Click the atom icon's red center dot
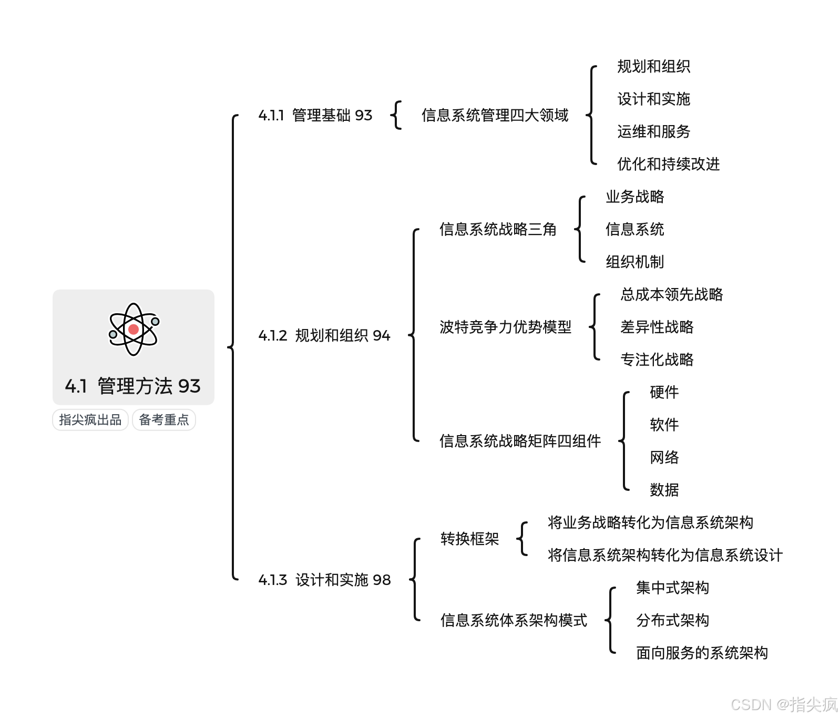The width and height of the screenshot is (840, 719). [134, 330]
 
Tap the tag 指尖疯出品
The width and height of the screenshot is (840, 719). [90, 420]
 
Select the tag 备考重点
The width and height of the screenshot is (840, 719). [164, 420]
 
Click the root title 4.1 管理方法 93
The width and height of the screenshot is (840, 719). [133, 386]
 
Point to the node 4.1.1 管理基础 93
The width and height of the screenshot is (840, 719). [315, 115]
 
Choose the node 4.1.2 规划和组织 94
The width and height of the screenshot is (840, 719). [324, 335]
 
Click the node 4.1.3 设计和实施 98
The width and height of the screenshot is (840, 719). [325, 580]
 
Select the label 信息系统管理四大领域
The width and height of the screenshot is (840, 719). [495, 115]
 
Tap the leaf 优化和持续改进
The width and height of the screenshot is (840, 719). [668, 164]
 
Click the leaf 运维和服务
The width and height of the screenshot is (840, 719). [653, 131]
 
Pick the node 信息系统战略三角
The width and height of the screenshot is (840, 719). [498, 229]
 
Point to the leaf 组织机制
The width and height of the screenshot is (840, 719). [634, 262]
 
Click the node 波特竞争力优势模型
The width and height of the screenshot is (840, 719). [505, 327]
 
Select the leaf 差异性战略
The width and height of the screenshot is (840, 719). [657, 327]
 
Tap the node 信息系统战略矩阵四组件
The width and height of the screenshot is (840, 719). [520, 441]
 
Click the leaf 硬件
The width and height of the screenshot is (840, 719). [664, 392]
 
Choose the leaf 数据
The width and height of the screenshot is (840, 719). [664, 490]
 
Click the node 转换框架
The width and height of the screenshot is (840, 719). [469, 539]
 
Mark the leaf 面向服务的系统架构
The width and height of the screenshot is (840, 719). [702, 653]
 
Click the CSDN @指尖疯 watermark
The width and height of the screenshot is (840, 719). [784, 704]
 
